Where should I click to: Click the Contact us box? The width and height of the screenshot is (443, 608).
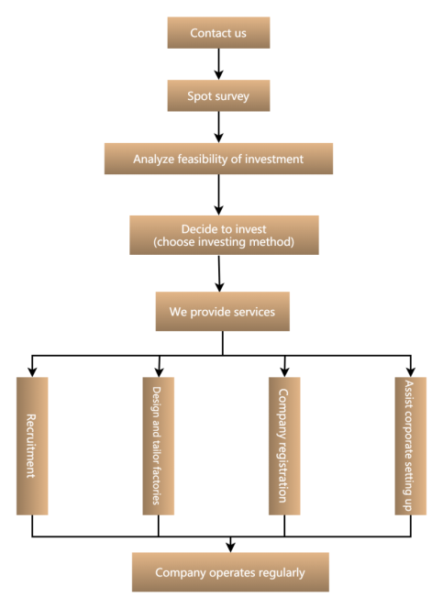(x=218, y=33)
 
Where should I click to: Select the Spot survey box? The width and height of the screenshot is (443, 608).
(x=218, y=95)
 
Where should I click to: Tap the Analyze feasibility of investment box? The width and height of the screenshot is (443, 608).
(x=218, y=159)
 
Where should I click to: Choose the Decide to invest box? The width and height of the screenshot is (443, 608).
(x=224, y=235)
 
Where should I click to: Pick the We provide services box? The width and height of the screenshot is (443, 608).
(x=223, y=312)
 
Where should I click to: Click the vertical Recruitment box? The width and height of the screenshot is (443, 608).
(x=32, y=446)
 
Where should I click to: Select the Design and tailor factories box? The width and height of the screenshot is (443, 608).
(x=159, y=446)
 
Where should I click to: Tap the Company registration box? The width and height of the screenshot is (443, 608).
(x=284, y=446)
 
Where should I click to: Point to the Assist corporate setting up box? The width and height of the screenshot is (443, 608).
(x=410, y=446)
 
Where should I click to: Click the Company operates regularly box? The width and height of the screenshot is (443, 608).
(x=230, y=572)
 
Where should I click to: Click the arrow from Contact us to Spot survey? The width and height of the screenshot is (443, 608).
(x=219, y=64)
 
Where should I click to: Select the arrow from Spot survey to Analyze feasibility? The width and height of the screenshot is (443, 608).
(x=219, y=127)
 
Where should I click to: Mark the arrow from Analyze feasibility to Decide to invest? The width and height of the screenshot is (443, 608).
(x=219, y=194)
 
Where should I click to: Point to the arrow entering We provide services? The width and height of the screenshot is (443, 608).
(x=219, y=273)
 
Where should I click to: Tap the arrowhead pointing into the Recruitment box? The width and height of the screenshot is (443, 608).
(x=32, y=371)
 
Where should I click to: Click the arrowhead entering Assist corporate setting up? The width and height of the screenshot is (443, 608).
(x=410, y=371)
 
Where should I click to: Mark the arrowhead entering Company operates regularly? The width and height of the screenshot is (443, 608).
(x=230, y=547)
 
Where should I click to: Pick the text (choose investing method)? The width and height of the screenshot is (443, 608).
(x=224, y=242)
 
